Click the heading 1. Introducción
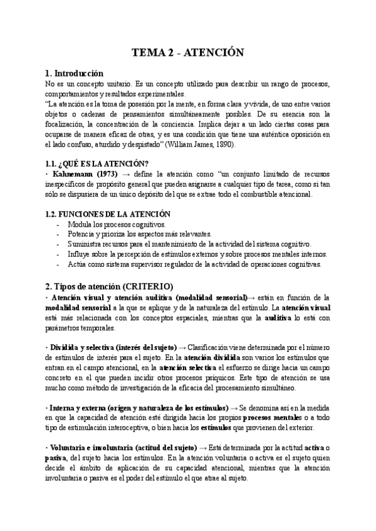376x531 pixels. point(75,73)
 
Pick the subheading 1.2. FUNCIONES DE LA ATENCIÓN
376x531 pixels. point(108,214)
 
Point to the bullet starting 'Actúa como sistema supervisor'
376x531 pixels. point(185,264)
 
